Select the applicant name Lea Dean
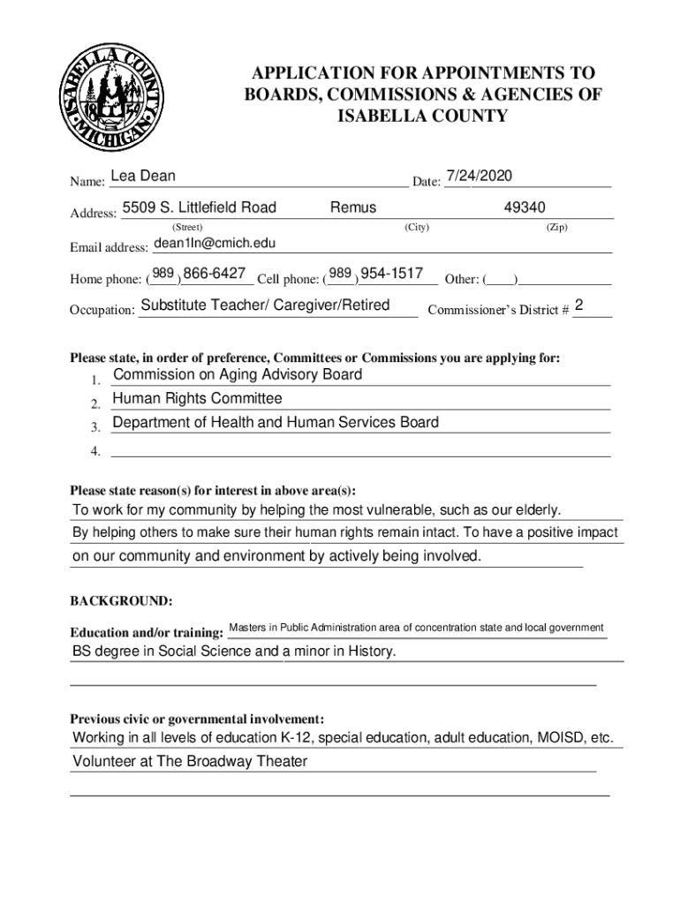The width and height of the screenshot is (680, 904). point(143,177)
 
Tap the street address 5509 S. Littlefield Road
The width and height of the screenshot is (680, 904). point(199,208)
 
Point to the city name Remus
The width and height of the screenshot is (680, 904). point(353,208)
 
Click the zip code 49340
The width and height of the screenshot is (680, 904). point(525,208)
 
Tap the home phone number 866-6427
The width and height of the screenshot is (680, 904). point(215,274)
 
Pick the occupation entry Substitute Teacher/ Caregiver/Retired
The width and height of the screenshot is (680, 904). point(265,305)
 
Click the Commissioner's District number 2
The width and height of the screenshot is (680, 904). point(578,305)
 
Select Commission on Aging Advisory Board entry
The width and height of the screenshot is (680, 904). point(238,375)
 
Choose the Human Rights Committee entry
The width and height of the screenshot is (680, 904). point(197,399)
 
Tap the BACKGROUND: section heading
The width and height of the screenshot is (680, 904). point(121,602)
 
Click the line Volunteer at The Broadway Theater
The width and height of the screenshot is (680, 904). point(190,762)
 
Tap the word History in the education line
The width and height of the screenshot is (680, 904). point(370,652)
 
